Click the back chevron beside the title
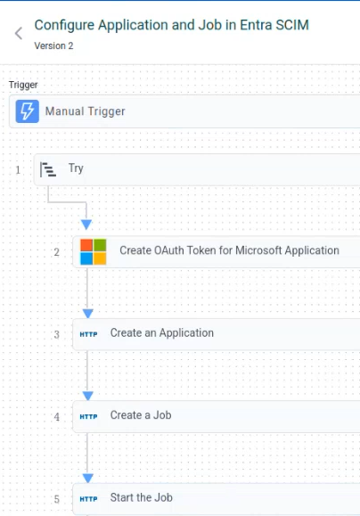click(x=19, y=33)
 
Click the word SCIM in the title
click(x=290, y=25)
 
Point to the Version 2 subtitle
click(x=53, y=45)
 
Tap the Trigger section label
click(x=23, y=85)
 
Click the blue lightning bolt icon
click(x=28, y=111)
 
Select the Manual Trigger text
click(x=86, y=111)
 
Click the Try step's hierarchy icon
click(x=48, y=169)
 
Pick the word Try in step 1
click(x=76, y=168)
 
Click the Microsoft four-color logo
click(x=94, y=251)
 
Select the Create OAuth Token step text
click(x=229, y=250)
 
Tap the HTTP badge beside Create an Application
click(x=88, y=334)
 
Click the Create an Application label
click(x=162, y=333)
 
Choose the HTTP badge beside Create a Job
click(x=88, y=416)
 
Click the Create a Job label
click(x=141, y=415)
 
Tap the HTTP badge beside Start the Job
click(x=88, y=499)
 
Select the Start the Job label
click(x=142, y=497)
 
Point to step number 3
click(x=57, y=335)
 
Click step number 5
click(x=57, y=500)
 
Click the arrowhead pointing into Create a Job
click(x=88, y=396)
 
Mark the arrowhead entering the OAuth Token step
click(x=86, y=225)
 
